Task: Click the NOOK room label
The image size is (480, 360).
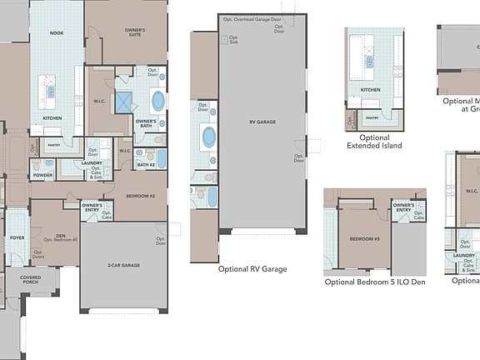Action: (x=57, y=33)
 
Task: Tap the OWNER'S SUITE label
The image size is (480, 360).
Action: (x=136, y=32)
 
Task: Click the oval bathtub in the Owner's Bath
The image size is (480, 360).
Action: (x=158, y=102)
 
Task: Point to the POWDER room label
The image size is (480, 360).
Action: (x=42, y=176)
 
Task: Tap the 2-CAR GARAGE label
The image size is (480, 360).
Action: (x=122, y=266)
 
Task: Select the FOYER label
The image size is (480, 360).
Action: (x=17, y=237)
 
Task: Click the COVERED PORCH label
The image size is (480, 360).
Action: (x=31, y=281)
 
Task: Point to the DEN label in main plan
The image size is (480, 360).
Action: (x=60, y=237)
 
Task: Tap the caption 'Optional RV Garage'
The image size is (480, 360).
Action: (x=252, y=269)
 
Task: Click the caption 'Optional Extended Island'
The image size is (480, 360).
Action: (x=374, y=142)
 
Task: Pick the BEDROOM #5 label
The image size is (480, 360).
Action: (x=364, y=238)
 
